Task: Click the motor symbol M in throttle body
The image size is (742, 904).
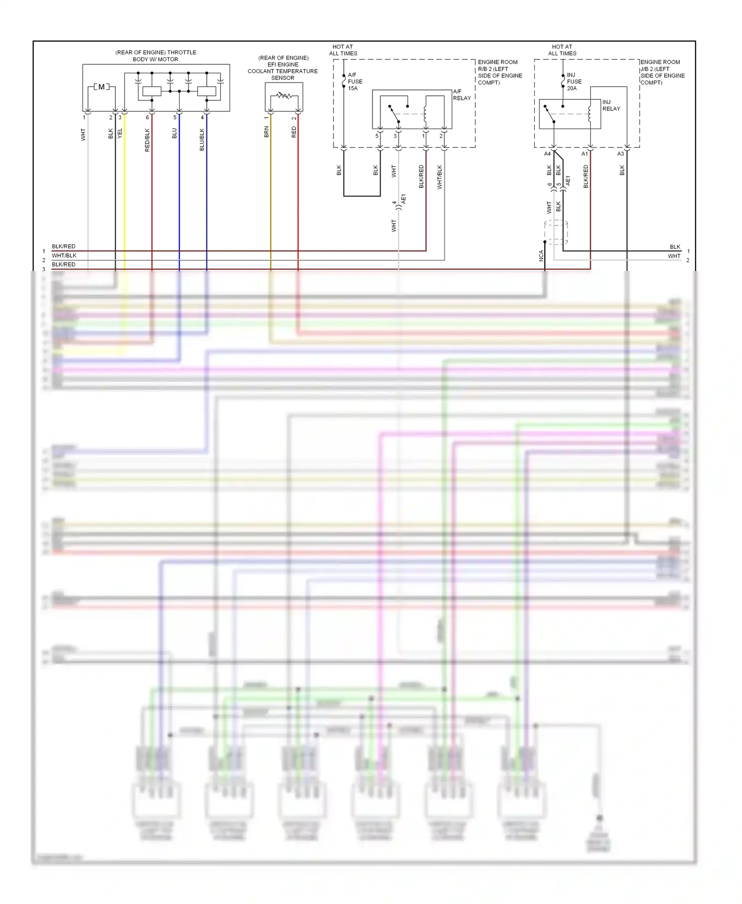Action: [x=101, y=87]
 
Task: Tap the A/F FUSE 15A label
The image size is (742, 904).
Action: [x=355, y=82]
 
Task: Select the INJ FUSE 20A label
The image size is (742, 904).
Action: [x=574, y=82]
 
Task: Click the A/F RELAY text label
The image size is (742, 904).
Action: [x=462, y=95]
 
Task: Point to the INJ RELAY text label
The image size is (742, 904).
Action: [x=611, y=105]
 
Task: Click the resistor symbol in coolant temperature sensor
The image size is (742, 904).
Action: [x=284, y=95]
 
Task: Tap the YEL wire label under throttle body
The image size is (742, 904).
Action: [x=120, y=133]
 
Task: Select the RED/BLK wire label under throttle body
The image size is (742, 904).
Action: [x=147, y=140]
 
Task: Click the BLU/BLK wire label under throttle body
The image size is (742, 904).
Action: [x=202, y=140]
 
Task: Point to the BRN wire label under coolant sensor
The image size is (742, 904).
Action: [x=266, y=132]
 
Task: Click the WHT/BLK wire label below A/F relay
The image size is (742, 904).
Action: [x=440, y=177]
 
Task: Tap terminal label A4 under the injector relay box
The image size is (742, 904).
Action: [x=547, y=154]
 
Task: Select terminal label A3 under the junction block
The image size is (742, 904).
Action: [x=620, y=154]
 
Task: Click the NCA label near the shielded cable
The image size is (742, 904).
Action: [x=541, y=255]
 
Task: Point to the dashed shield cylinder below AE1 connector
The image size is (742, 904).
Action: [x=556, y=232]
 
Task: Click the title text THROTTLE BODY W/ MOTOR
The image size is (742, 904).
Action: [x=155, y=56]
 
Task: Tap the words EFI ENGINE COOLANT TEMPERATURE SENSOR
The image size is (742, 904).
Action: [x=283, y=68]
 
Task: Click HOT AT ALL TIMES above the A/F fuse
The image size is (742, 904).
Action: [x=343, y=50]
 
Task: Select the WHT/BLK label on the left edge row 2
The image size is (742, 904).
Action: [x=64, y=256]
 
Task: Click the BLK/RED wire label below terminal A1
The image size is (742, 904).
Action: [x=586, y=177]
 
